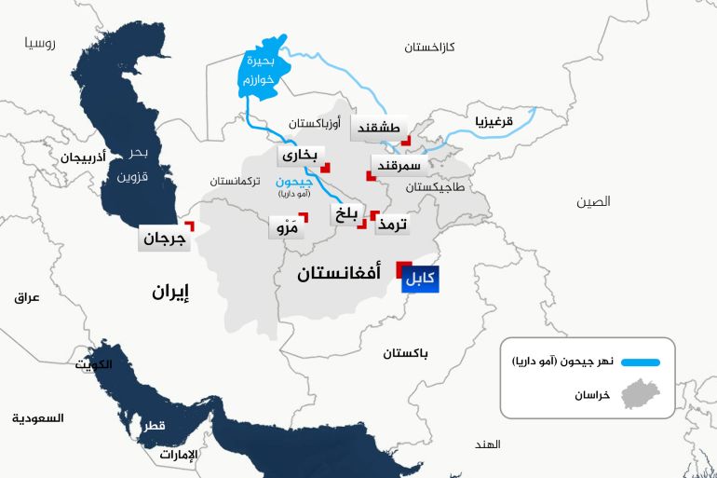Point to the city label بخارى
[x=300, y=156]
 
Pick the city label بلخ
[x=345, y=216]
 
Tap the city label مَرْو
[x=285, y=226]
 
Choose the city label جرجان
[x=164, y=239]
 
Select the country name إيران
[x=171, y=292]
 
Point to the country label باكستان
[x=406, y=353]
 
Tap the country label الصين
[x=593, y=201]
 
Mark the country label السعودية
[x=37, y=418]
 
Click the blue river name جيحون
[x=296, y=182]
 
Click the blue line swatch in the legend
[x=639, y=362]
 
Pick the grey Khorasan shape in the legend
[x=642, y=395]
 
